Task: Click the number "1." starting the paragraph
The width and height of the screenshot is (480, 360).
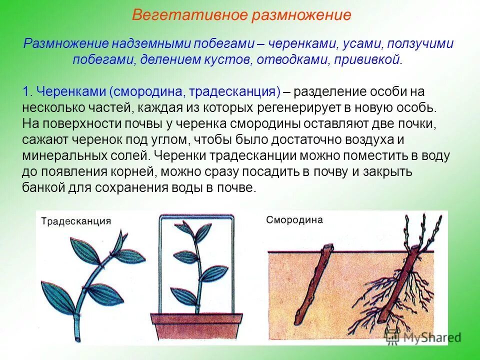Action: [28, 92]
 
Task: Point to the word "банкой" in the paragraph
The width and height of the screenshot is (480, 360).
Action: [40, 187]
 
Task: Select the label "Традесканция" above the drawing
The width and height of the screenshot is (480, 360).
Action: [75, 221]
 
